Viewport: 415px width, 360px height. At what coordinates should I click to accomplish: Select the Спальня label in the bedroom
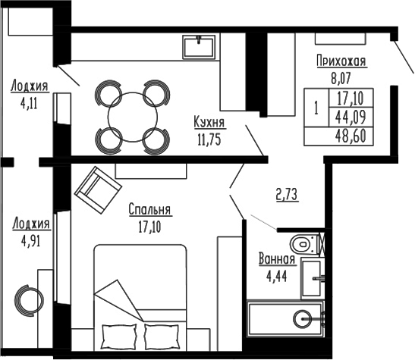[149, 210]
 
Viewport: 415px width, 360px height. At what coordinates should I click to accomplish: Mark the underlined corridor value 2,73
[286, 194]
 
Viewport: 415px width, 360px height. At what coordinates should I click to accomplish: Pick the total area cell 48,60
[351, 137]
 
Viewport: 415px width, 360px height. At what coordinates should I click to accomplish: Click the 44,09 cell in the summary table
[351, 117]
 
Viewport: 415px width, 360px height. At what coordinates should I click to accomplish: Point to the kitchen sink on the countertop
[201, 45]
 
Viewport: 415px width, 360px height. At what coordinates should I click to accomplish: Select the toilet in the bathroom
[303, 244]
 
